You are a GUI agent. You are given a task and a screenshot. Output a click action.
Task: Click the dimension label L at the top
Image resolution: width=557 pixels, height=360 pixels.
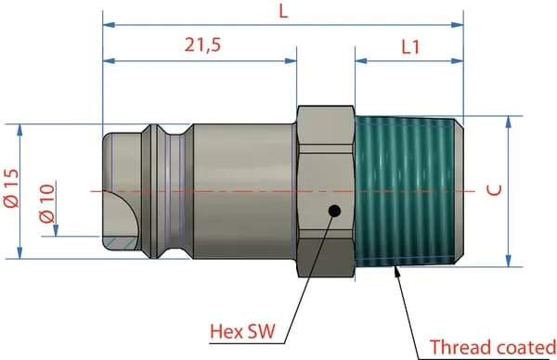coord(283,11)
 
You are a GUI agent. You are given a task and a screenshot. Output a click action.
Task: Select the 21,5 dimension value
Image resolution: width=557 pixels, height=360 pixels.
coord(202,45)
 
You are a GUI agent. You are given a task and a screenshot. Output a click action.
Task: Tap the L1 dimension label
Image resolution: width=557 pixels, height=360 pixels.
coord(410,47)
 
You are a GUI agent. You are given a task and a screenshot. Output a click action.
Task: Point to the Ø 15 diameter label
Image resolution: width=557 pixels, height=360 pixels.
coord(11,188)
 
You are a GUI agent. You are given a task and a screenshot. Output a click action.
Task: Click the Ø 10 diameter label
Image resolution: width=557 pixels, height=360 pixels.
coord(47,203)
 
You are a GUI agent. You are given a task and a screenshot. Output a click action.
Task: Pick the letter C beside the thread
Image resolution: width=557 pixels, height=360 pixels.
coord(494,190)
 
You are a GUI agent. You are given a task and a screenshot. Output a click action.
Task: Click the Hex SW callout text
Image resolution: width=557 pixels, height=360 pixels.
coord(242,331)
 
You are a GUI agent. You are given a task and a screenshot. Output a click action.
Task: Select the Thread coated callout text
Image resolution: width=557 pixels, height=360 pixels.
coord(493,347)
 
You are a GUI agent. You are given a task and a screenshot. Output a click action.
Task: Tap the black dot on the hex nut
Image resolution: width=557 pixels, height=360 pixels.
coord(334,212)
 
